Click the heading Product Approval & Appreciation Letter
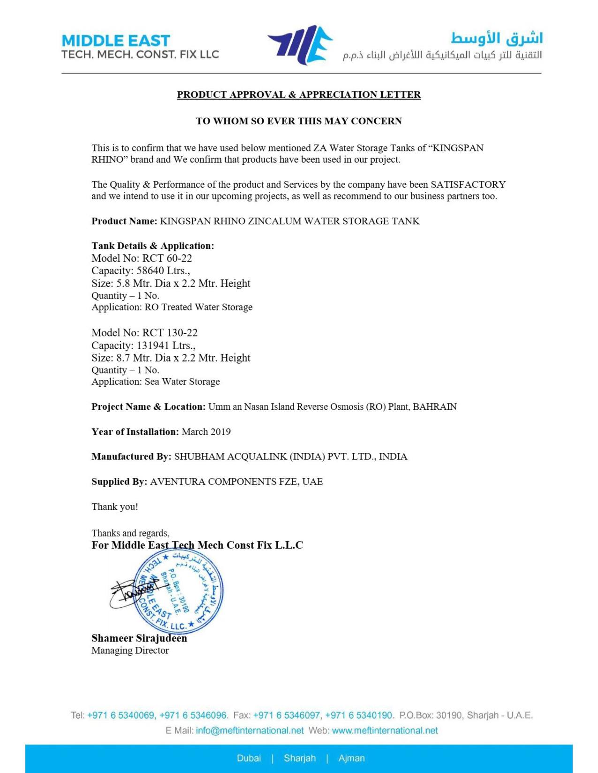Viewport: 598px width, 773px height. point(299,95)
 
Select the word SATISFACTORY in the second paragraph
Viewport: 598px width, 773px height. point(468,185)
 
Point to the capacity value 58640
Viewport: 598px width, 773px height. point(151,271)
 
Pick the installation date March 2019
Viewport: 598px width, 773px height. point(206,431)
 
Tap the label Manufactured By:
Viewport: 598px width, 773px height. point(131,456)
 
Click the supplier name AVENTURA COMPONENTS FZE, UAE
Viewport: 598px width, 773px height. point(236,482)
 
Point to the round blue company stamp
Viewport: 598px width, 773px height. point(179,591)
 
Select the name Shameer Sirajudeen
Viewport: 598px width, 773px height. point(139,638)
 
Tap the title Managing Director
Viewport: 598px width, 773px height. point(130,650)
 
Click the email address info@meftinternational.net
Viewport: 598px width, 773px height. point(250,730)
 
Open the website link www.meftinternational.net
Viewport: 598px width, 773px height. point(385,730)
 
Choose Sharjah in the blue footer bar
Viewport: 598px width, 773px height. point(300,758)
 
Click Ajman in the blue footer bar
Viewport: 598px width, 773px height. point(351,758)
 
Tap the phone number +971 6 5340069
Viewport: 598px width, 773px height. point(121,715)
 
